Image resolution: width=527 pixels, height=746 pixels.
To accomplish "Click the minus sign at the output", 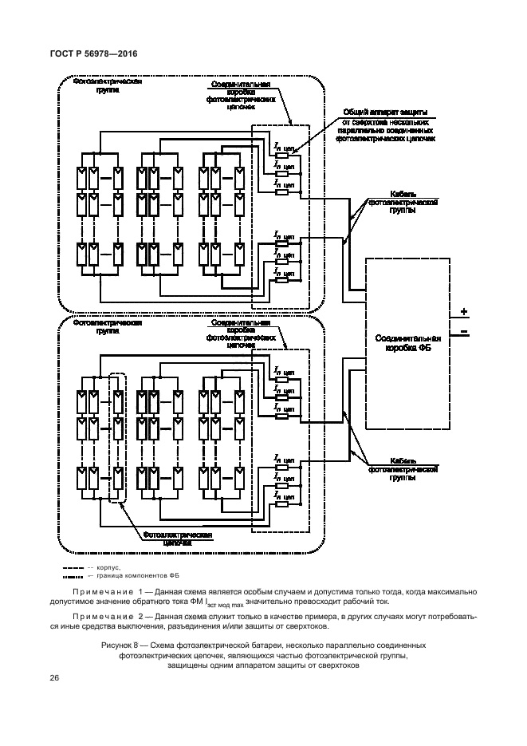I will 463,329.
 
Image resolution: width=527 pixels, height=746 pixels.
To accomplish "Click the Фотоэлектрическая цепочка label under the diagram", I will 177,536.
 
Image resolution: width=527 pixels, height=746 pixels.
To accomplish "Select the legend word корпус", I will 109,567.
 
